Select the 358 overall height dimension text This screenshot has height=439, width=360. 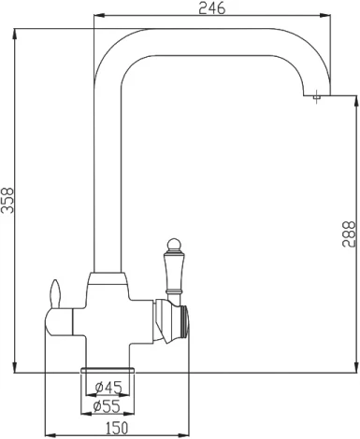(x=8, y=200)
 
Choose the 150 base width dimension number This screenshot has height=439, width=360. (x=116, y=428)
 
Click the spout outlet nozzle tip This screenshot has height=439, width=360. (x=316, y=96)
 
